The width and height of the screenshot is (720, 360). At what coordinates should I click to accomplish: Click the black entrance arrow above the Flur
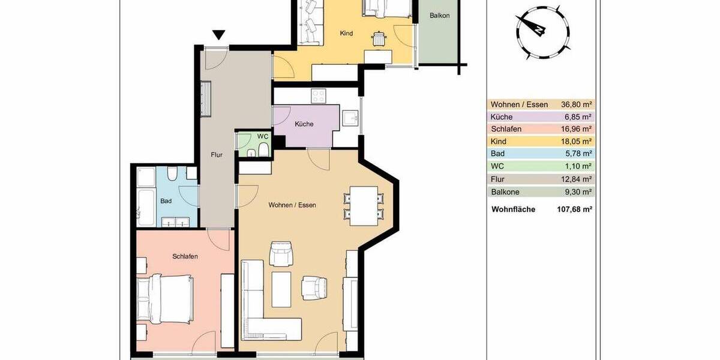pos(220,35)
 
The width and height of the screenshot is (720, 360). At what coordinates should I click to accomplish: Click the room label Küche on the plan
pos(304,125)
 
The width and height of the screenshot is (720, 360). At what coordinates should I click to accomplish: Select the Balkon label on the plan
pos(439,16)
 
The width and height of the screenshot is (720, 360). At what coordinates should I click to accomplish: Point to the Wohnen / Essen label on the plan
pos(292,205)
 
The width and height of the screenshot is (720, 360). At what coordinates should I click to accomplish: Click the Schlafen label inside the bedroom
pos(185,256)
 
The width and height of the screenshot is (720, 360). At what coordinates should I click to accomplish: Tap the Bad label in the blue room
pos(166,201)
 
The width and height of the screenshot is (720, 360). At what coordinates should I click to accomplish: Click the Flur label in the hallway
pos(217,155)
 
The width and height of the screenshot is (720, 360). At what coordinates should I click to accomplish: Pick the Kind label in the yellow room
pos(346,34)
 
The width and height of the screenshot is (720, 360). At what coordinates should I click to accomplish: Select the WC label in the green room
pos(263,136)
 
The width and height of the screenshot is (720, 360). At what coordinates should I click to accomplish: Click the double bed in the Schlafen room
pos(165,297)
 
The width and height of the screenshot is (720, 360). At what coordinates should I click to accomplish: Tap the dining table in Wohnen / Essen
pos(364,206)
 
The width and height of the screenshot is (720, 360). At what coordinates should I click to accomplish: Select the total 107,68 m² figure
pos(572,210)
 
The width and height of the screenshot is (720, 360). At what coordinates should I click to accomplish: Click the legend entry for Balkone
pos(506,192)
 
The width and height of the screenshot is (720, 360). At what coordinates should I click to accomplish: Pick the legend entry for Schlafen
pos(506,129)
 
